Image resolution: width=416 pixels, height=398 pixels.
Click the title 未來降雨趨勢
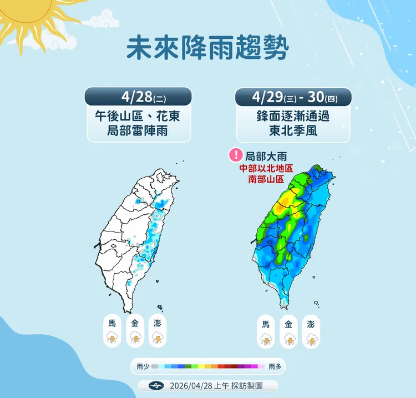208,49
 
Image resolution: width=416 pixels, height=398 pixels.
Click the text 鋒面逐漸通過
293,118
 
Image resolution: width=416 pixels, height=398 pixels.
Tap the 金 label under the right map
288,324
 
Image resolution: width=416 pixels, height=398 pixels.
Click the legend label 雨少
143,366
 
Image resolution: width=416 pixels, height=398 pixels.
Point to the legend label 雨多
275,366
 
